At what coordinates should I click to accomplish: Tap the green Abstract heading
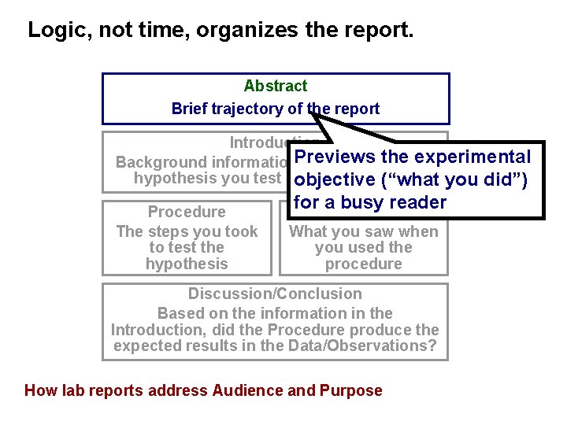[276, 86]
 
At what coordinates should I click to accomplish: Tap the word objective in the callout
[335, 179]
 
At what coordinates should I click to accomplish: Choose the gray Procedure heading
[187, 212]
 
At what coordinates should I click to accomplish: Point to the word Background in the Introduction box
[160, 162]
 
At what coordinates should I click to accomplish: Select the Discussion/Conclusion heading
[275, 294]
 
